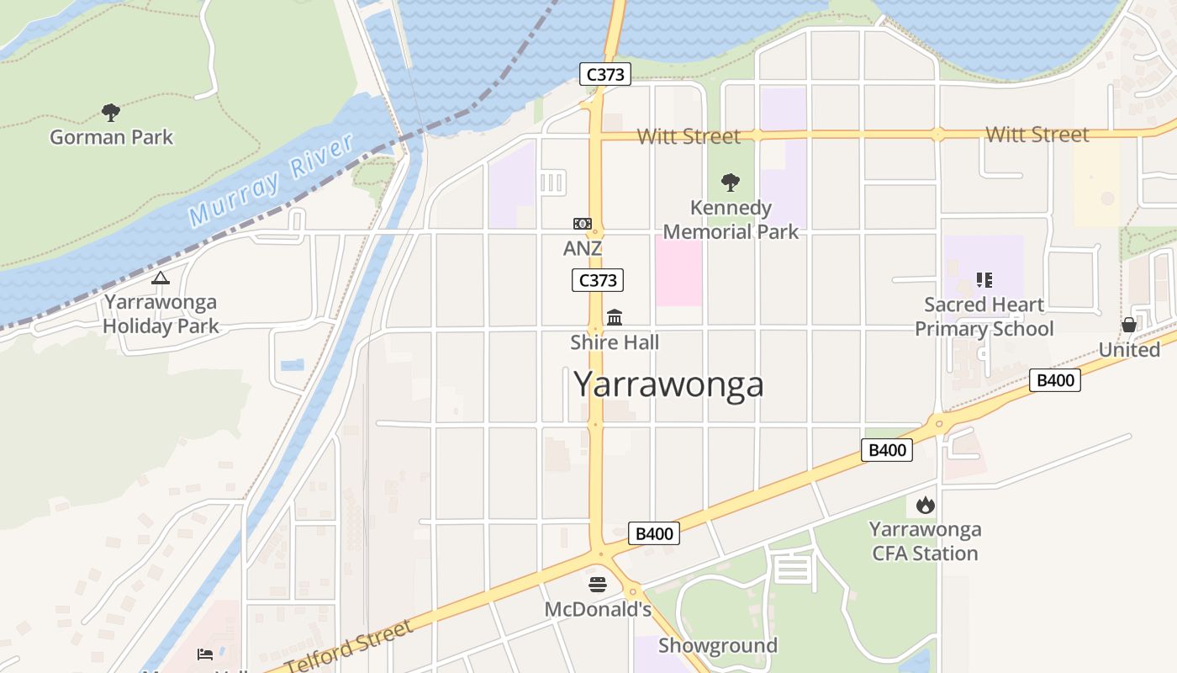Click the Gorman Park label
111,137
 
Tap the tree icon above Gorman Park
110,112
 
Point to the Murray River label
271,180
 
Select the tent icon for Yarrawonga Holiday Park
161,278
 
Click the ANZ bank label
583,249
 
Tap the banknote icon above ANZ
583,224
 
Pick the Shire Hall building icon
615,317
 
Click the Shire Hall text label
615,342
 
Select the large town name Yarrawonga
668,384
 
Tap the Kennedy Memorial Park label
731,220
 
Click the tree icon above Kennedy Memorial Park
731,182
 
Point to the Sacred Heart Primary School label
984,316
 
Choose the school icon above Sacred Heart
984,279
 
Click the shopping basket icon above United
1129,325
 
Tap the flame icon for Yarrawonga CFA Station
925,505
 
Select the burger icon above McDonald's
598,584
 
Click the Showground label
717,645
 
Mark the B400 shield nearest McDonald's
653,533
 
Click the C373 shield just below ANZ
598,280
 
